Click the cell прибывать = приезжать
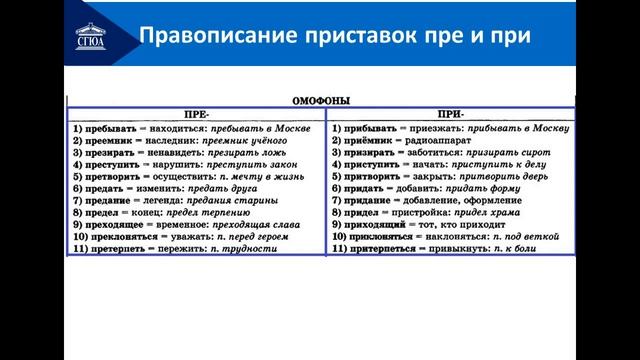click(450, 129)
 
